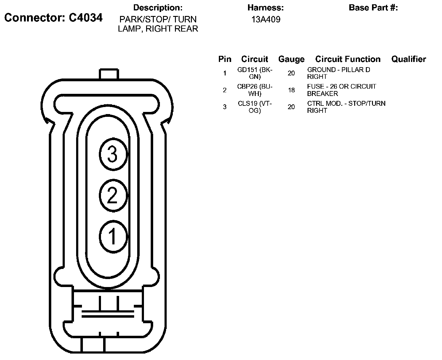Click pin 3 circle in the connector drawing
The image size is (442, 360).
point(113,154)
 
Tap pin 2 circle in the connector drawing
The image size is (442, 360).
point(113,195)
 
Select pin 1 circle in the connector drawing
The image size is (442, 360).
point(113,236)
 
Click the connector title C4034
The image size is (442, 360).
point(53,18)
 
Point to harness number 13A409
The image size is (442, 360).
point(266,20)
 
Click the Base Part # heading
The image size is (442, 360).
point(373,8)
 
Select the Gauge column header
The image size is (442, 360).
point(291,59)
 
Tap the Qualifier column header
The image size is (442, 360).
point(409,59)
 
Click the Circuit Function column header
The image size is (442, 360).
point(348,59)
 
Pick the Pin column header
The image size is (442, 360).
point(225,59)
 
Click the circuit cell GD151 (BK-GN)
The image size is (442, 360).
point(255,73)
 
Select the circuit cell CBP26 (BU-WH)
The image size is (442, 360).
point(255,90)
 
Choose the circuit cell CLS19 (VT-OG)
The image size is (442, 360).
point(255,107)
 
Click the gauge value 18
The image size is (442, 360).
point(291,90)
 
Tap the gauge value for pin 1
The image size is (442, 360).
point(291,73)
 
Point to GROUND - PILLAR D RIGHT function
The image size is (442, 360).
point(339,73)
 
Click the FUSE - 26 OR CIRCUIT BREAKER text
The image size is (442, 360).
point(341,90)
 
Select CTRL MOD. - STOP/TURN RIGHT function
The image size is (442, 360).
point(346,107)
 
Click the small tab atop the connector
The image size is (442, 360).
point(109,74)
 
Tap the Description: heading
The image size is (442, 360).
point(158,8)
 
